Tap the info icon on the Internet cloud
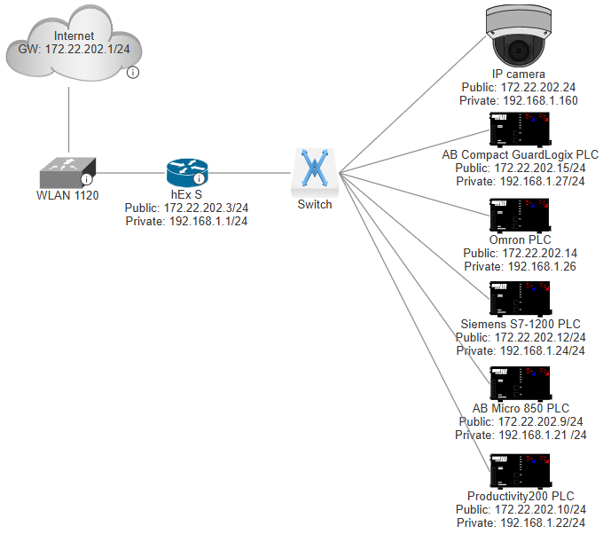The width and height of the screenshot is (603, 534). [x=132, y=72]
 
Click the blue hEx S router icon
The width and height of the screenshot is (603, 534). [x=186, y=171]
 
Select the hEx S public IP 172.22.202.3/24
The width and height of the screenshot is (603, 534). [x=186, y=208]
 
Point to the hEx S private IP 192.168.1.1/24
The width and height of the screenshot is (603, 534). [x=186, y=222]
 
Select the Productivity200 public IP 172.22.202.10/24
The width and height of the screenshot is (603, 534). [x=521, y=509]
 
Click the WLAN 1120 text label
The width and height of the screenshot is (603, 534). [x=67, y=194]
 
